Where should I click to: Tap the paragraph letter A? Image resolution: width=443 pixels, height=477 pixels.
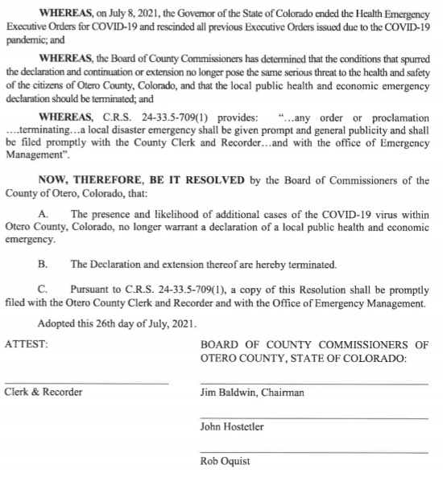43,214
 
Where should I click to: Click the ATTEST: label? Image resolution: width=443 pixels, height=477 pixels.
27,343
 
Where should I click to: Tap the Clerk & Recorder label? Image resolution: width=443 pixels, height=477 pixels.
43,393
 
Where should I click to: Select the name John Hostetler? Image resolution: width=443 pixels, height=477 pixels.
231,427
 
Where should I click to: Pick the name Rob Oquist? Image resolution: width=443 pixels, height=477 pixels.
225,462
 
